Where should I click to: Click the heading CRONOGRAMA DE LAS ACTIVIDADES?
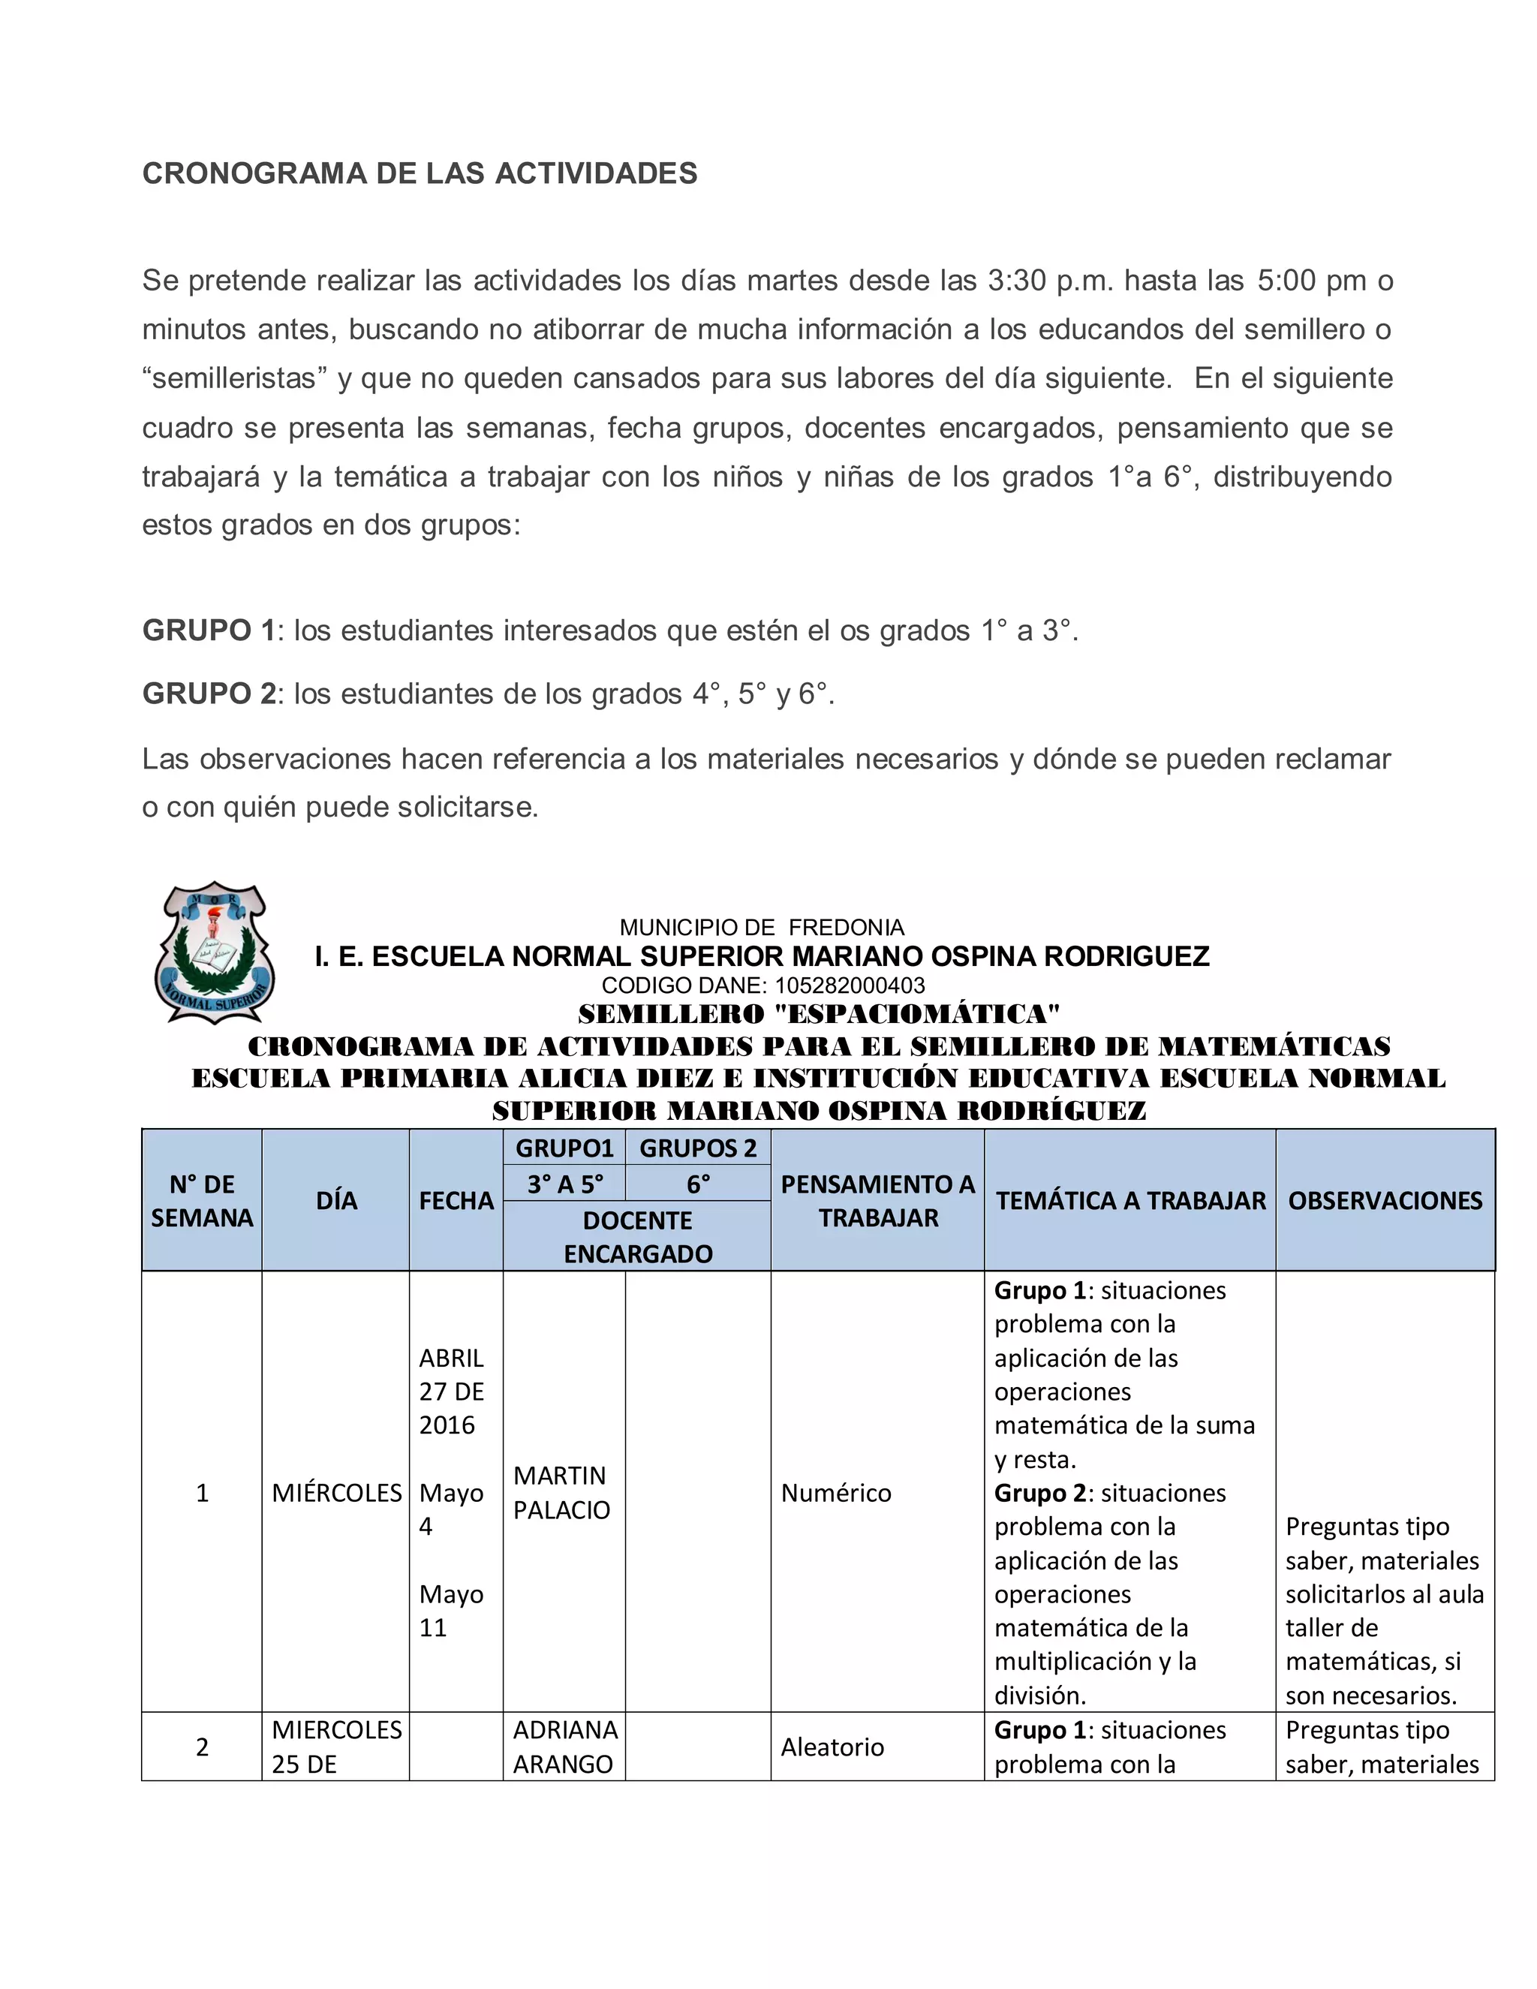coord(420,173)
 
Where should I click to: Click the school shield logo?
coord(215,952)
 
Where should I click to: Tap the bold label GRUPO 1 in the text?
coord(209,630)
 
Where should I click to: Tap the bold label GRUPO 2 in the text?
coord(209,694)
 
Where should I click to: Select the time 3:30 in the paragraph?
coord(1016,281)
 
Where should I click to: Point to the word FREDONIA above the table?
coord(846,927)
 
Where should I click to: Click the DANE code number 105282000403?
coord(850,985)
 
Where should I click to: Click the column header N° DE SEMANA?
coord(202,1200)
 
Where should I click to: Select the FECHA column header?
coord(456,1200)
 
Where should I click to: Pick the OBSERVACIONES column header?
coord(1385,1200)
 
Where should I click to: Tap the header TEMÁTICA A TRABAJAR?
coord(1130,1200)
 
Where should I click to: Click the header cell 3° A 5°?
coord(564,1184)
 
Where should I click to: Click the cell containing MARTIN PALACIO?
coord(562,1493)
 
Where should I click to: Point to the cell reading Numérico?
coord(836,1493)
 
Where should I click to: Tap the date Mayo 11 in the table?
coord(451,1610)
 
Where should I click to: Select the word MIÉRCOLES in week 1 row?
coord(336,1493)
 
